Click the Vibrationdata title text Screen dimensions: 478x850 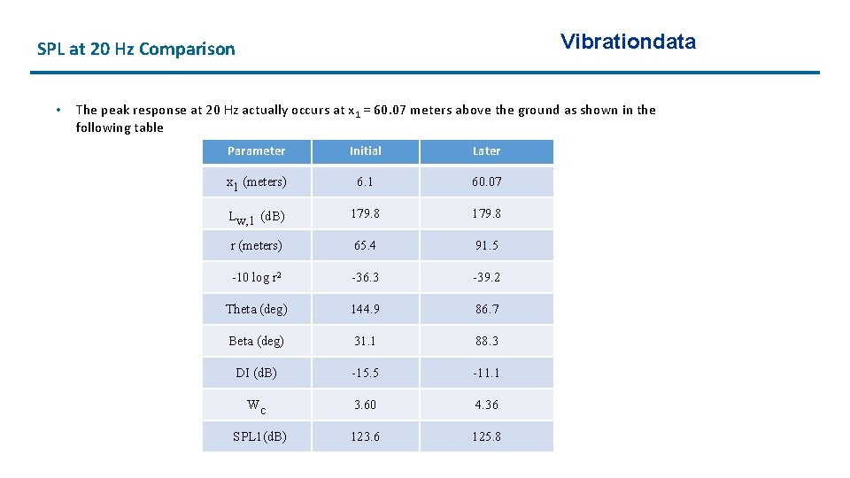click(x=628, y=42)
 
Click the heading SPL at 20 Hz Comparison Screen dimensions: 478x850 click(x=136, y=50)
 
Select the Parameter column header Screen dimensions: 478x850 click(x=256, y=151)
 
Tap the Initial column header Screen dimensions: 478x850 click(x=365, y=151)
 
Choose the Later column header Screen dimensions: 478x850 click(x=486, y=151)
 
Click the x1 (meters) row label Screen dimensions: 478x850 click(x=256, y=182)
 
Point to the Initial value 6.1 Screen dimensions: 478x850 click(x=365, y=181)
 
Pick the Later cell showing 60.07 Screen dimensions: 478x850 click(x=486, y=181)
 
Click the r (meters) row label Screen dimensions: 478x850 click(x=256, y=245)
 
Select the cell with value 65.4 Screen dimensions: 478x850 click(x=365, y=245)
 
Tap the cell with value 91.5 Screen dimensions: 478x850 click(x=486, y=245)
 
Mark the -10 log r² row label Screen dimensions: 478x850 click(x=256, y=277)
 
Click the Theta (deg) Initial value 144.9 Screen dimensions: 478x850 click(x=365, y=309)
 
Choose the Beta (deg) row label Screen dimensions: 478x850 click(x=256, y=341)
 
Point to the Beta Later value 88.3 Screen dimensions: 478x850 click(x=486, y=341)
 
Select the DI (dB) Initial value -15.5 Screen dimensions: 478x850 click(x=365, y=373)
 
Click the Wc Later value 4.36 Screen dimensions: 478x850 click(x=486, y=405)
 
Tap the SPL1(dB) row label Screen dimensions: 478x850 click(x=259, y=436)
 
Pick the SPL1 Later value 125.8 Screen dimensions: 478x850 click(x=486, y=436)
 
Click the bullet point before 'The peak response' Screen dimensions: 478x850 click(x=56, y=110)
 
